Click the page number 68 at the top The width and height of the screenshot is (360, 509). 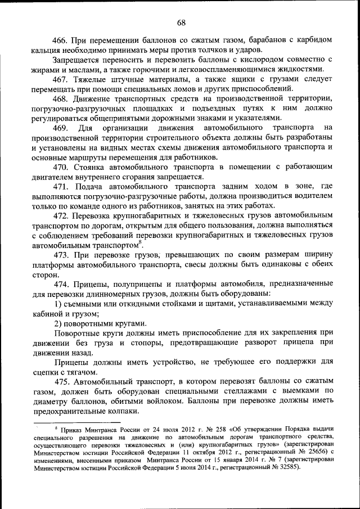coord(181,23)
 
